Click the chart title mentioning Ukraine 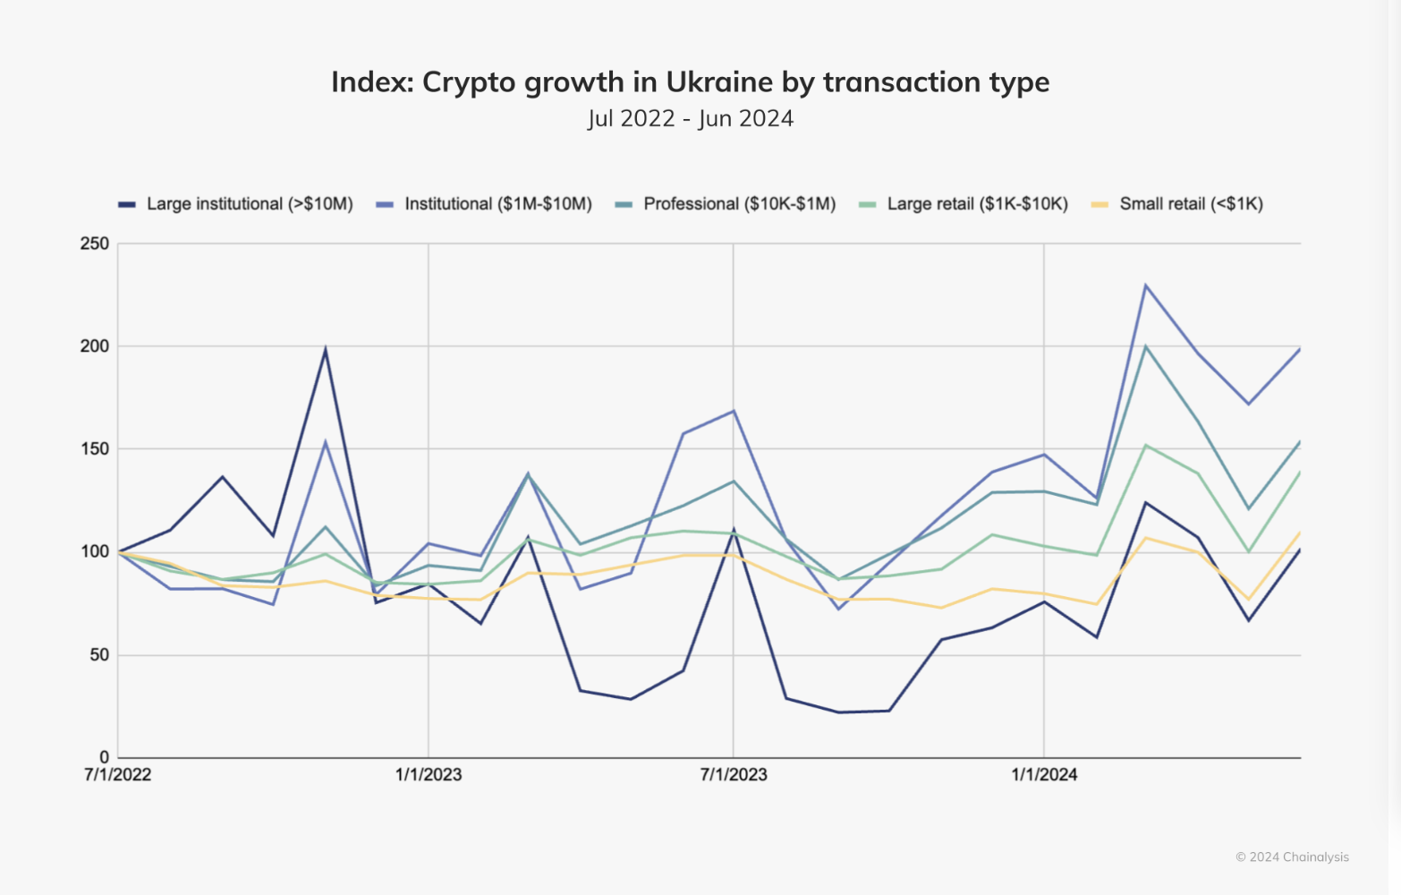tap(690, 82)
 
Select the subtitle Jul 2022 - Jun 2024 tap(690, 119)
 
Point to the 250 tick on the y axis tap(94, 243)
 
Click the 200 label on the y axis tap(94, 346)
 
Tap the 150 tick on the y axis tap(94, 449)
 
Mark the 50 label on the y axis tap(98, 655)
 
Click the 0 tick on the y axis tap(104, 757)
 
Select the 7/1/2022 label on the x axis tap(118, 775)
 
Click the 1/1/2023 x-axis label tap(429, 775)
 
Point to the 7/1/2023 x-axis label tap(734, 775)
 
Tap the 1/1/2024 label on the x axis tap(1044, 775)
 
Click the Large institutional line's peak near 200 tap(326, 348)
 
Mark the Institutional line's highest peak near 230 tap(1145, 286)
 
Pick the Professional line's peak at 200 tap(1145, 346)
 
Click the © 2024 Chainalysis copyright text tap(1292, 857)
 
